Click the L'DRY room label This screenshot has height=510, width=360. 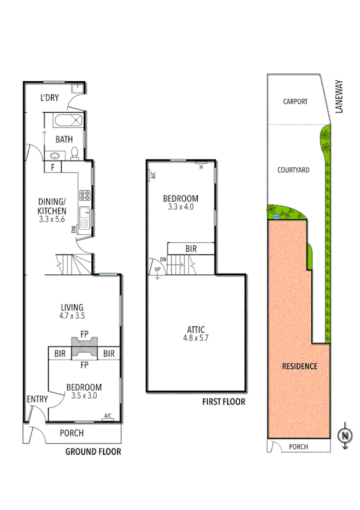click(x=50, y=99)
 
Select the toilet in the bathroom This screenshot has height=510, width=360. click(x=73, y=153)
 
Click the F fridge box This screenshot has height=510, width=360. click(x=53, y=167)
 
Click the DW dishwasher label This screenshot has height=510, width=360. click(x=73, y=229)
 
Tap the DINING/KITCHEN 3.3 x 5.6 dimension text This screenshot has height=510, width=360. click(x=53, y=219)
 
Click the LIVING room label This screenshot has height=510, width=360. click(x=72, y=307)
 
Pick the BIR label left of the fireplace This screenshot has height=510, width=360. click(x=59, y=354)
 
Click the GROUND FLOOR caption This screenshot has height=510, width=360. click(x=93, y=451)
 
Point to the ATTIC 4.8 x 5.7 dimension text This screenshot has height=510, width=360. click(x=195, y=339)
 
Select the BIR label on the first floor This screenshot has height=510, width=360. click(x=191, y=248)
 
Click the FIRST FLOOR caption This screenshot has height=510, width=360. click(x=224, y=402)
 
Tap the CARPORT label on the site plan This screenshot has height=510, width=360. click(x=296, y=102)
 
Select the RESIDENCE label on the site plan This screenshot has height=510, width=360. click(x=299, y=366)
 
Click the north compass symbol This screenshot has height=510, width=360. click(x=345, y=436)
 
